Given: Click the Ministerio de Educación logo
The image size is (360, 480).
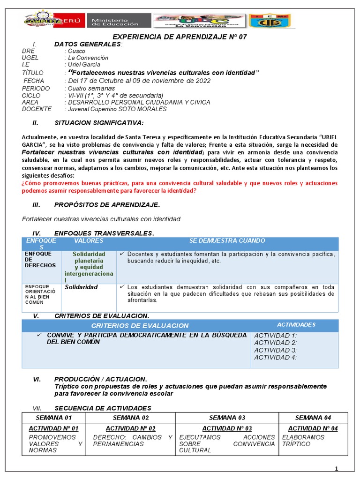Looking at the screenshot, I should point(119,21).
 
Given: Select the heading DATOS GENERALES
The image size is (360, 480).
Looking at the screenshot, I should point(88,44).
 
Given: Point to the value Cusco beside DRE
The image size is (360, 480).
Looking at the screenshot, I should point(76,51).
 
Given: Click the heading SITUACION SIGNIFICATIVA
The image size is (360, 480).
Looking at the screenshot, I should point(99,123).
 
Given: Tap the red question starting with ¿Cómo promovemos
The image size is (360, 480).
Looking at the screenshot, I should point(180,187).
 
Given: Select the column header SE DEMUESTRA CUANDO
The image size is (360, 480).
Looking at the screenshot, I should point(227,241).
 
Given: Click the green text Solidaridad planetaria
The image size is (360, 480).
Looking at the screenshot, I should point(89,257).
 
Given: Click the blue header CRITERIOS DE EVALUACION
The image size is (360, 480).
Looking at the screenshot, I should point(140,325).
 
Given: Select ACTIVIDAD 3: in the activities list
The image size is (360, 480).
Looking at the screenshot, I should point(275,350).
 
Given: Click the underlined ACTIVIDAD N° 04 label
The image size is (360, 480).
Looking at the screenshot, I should point(313,428).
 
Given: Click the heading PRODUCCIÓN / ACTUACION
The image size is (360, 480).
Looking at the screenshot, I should point(100,379).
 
